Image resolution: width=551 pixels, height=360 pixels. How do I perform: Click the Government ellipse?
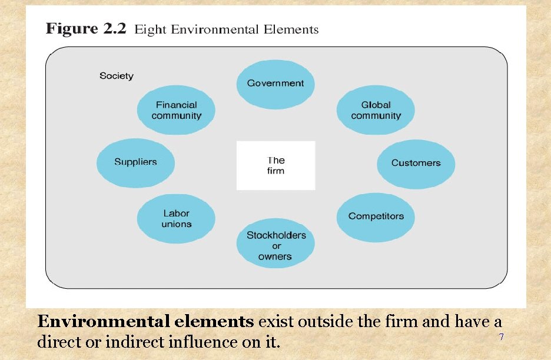point(275,84)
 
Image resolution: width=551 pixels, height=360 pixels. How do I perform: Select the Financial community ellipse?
point(176,111)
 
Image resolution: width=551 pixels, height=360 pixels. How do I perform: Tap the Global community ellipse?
point(376,111)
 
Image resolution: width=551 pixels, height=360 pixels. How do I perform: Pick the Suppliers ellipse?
point(135,162)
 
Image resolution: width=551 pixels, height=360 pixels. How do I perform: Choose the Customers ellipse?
point(416,163)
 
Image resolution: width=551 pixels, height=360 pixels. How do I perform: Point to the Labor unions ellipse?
point(176,218)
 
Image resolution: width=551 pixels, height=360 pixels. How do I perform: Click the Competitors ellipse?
point(376,216)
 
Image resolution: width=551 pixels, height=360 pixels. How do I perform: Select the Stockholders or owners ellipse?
point(275,245)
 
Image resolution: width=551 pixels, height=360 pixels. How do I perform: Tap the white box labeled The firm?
point(275,165)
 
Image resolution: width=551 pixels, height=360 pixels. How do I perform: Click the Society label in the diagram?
point(117,76)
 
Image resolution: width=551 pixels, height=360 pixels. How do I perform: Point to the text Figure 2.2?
point(86,29)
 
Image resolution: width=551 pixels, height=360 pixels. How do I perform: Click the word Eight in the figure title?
point(151,29)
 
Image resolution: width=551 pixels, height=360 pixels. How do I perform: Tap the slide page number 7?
point(501,337)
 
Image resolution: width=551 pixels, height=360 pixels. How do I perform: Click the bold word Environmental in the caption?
point(105,322)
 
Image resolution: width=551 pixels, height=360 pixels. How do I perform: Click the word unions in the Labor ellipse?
point(177,224)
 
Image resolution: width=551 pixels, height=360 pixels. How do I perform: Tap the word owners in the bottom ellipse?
point(275,256)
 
